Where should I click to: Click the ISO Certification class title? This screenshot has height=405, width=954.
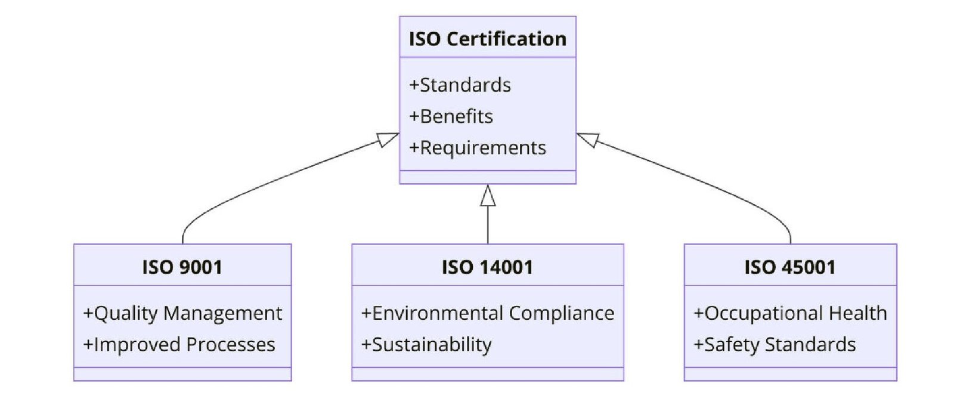click(x=487, y=39)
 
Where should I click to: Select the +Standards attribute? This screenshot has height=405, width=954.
click(x=460, y=85)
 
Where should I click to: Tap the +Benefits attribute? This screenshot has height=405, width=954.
click(x=451, y=116)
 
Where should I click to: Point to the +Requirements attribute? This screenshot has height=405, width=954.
click(x=478, y=147)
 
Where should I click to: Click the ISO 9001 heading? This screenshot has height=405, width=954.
click(x=182, y=267)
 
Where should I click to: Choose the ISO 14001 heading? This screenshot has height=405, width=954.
click(x=487, y=267)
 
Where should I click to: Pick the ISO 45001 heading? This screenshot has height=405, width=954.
click(x=789, y=267)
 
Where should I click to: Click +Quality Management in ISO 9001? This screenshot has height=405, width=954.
click(x=182, y=313)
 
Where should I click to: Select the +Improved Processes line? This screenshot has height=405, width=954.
click(x=179, y=344)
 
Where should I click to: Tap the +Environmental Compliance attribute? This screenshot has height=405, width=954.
click(x=488, y=313)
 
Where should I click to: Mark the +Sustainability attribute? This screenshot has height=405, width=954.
click(x=426, y=344)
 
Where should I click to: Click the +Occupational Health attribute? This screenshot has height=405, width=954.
click(x=790, y=313)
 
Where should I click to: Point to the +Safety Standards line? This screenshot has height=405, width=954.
click(x=775, y=344)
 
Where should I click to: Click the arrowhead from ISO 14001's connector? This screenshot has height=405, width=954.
click(x=488, y=196)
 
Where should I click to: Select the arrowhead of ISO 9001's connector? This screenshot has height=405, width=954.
click(x=388, y=139)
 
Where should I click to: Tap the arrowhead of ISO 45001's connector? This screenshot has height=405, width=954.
click(x=587, y=139)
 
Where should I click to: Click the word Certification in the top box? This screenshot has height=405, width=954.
click(x=506, y=39)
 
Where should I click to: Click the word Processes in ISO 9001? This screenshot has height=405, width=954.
click(x=230, y=344)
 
